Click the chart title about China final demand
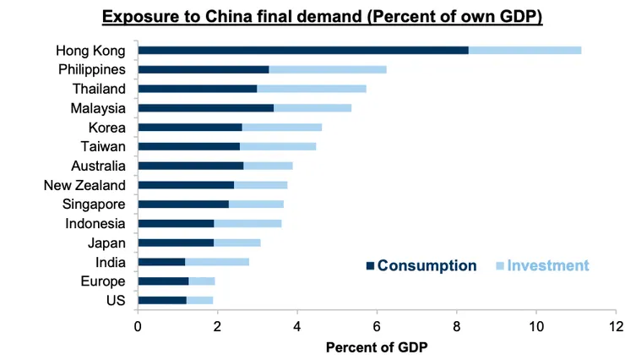tap(321, 17)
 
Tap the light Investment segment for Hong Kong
tap(524, 50)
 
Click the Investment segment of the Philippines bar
tap(328, 69)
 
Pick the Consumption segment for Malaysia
tap(205, 108)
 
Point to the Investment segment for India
tap(217, 262)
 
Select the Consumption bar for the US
tap(162, 300)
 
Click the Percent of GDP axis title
tap(377, 347)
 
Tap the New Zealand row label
tap(84, 185)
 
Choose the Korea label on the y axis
tap(106, 128)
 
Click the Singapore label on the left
tap(94, 205)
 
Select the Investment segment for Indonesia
tap(247, 223)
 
